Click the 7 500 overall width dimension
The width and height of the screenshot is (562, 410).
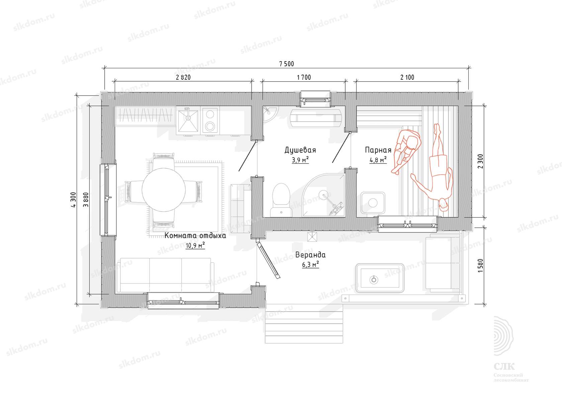pos(286,64)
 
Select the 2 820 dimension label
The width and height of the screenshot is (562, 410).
pos(183,77)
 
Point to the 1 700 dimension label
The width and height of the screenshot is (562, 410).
pos(304,77)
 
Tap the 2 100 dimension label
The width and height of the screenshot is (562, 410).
pos(407,77)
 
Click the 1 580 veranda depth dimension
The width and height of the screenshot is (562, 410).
pos(480,266)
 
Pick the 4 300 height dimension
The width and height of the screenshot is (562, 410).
pos(73,200)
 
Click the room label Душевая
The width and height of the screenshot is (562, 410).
pos(300,150)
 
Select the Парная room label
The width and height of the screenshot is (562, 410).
pos(378,150)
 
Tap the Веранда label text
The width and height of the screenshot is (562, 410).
pos(310,255)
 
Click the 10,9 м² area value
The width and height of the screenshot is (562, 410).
pos(195,245)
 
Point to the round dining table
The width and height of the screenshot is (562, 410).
pos(164,190)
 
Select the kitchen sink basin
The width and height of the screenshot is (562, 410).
pos(188,121)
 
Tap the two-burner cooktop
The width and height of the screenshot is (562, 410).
pos(210,120)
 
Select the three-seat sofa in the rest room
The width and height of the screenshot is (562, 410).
pos(166,275)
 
